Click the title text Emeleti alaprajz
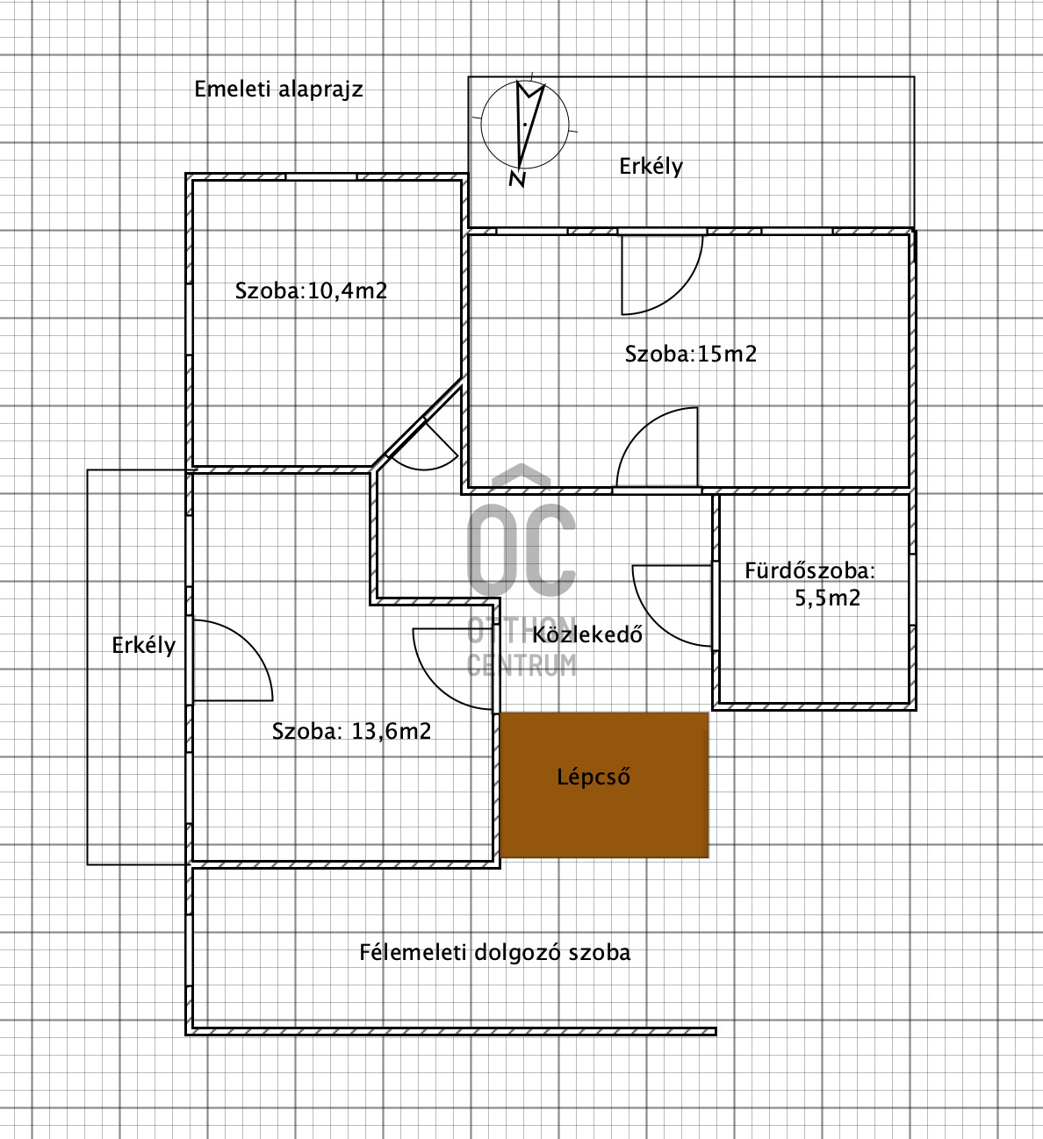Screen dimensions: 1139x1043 278,90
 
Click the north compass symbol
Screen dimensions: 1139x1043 525,124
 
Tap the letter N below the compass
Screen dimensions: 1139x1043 517,179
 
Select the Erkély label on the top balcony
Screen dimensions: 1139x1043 651,167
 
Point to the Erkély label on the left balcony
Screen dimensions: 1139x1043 143,646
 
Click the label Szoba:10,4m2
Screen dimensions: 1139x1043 311,290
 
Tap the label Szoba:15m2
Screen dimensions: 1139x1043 690,354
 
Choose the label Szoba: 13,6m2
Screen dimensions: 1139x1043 351,731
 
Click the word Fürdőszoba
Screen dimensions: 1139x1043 809,570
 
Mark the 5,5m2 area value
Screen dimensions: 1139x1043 827,598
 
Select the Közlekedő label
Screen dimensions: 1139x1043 587,634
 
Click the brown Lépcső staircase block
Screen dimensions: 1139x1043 604,784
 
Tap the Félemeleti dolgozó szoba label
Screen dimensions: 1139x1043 494,952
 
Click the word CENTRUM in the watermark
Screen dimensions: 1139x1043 521,665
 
